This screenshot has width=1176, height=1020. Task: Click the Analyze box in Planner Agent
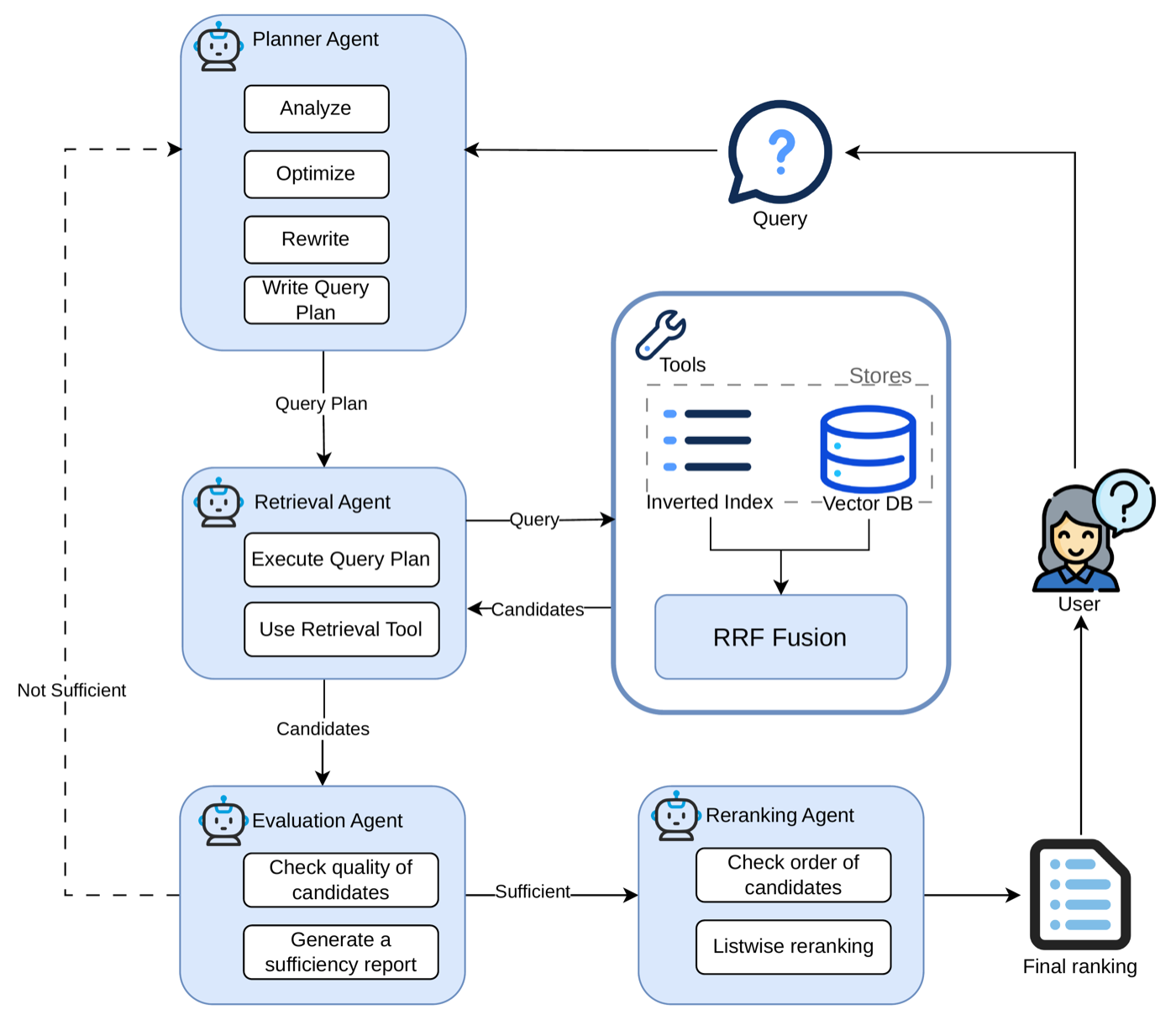tap(316, 108)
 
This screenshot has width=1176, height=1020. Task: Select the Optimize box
tap(316, 174)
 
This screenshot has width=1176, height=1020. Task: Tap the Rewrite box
tap(316, 239)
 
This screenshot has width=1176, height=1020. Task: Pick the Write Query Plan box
tap(316, 300)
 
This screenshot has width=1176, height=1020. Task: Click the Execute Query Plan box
tap(341, 560)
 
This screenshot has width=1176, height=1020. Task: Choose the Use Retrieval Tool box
tap(341, 629)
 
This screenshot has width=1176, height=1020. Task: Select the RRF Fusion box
tap(780, 637)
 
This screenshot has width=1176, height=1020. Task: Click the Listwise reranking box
tap(793, 947)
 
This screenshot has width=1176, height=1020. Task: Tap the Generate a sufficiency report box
tap(340, 952)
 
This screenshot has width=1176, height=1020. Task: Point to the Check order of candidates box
tap(793, 875)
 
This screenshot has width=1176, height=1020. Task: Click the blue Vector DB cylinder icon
tap(868, 449)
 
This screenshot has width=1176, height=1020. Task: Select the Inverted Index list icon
tap(707, 440)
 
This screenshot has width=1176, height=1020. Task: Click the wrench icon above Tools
tap(661, 334)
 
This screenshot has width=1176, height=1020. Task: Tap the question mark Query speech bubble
tap(780, 152)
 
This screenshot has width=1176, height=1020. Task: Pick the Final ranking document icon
tap(1080, 895)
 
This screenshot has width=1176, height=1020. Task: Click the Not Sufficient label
tap(71, 691)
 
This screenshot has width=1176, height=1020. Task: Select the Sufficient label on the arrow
tap(533, 891)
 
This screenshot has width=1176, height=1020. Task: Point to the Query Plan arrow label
tap(321, 404)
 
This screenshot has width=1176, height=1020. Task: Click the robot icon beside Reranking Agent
tap(676, 816)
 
